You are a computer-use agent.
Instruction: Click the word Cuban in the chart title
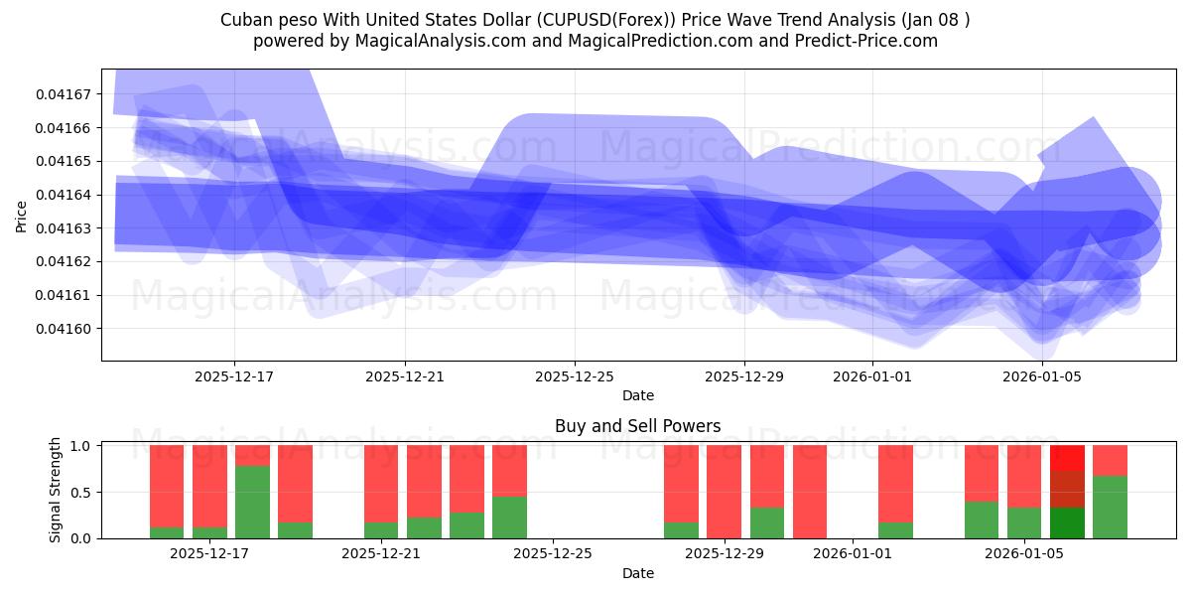[x=243, y=19]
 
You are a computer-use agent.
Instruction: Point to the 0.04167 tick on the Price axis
[x=64, y=94]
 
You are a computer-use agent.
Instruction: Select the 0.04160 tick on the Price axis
[x=64, y=329]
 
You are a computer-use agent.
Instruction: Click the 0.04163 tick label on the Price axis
[x=64, y=228]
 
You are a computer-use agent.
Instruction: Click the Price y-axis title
[x=21, y=216]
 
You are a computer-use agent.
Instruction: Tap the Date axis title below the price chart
[x=637, y=395]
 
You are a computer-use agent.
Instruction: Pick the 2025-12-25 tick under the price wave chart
[x=575, y=376]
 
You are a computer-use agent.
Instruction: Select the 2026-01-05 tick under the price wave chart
[x=1042, y=376]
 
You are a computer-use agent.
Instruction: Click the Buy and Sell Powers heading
[x=637, y=426]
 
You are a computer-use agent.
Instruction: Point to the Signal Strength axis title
[x=56, y=490]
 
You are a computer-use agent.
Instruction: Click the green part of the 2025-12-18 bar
[x=252, y=502]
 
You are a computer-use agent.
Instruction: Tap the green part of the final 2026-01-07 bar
[x=1110, y=507]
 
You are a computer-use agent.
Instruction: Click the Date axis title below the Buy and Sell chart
[x=637, y=573]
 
